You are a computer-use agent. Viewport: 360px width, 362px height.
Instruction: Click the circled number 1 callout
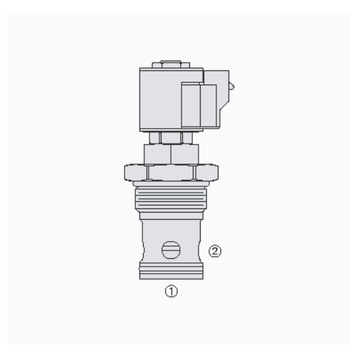point(171,291)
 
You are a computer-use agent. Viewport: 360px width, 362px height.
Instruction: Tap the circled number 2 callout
point(215,251)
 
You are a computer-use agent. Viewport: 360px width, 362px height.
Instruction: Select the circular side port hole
point(171,250)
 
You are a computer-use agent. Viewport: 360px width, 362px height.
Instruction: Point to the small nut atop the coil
point(171,65)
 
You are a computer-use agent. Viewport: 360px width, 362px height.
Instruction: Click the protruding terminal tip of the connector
point(232,86)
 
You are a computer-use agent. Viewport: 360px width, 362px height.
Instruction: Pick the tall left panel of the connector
point(191,105)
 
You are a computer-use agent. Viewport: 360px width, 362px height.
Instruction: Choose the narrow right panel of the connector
point(208,105)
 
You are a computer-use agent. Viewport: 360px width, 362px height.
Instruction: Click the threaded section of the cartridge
point(171,198)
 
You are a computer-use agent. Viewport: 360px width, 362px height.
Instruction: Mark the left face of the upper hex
point(157,154)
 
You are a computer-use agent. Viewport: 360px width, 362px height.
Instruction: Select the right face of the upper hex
point(184,154)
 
